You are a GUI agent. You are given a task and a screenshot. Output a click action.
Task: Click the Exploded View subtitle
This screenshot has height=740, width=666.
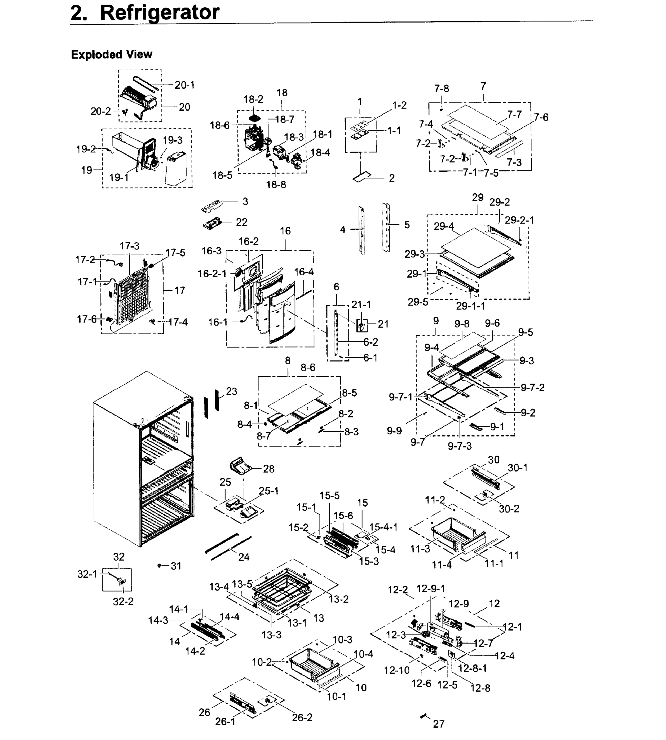112,55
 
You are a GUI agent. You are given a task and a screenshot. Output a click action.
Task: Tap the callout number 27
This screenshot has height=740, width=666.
438,724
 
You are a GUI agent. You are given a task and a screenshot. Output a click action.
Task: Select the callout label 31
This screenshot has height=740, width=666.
176,566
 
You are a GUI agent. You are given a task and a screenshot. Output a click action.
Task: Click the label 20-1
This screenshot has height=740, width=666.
185,85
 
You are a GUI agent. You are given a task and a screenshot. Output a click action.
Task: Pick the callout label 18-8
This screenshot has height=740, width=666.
276,185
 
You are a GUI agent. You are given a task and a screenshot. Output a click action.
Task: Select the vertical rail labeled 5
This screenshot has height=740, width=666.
386,227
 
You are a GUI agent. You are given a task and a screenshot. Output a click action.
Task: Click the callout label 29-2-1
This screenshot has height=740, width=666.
519,220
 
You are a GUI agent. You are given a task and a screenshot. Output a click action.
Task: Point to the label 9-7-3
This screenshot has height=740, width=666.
460,446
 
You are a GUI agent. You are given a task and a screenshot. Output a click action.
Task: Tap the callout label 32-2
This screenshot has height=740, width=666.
123,601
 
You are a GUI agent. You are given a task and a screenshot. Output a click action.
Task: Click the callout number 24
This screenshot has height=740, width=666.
244,557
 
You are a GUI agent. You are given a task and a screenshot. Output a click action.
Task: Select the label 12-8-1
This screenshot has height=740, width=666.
473,668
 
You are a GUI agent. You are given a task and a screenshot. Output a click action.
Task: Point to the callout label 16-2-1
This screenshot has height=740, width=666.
212,274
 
